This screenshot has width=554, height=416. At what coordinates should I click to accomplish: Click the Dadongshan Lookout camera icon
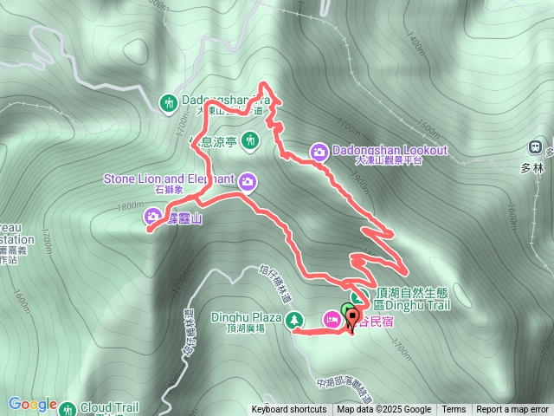319,153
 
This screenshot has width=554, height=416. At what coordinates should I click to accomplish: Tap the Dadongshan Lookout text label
389,150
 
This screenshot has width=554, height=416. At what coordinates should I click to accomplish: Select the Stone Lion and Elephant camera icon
248,181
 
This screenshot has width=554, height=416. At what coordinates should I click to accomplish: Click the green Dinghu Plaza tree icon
295,320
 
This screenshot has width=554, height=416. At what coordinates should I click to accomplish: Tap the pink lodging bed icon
332,320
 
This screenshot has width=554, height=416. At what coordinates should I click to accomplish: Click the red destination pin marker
352,317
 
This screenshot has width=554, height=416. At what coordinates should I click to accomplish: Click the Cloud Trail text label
110,406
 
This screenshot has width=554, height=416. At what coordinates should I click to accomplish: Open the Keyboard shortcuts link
291,410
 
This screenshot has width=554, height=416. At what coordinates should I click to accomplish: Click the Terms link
454,410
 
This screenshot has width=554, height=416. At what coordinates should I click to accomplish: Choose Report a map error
512,410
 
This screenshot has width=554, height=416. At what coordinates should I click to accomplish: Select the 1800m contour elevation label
132,206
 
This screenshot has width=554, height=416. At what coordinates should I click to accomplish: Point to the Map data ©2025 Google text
384,410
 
